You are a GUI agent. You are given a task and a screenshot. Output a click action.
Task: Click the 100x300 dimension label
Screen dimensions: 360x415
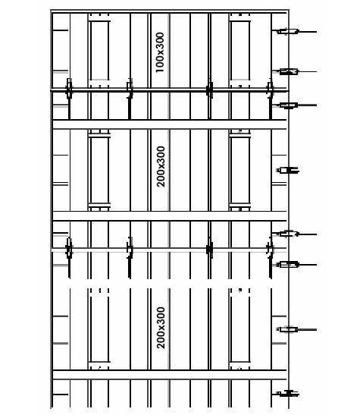[x=160, y=52]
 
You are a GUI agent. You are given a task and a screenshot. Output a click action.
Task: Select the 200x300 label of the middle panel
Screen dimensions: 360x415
[x=161, y=166]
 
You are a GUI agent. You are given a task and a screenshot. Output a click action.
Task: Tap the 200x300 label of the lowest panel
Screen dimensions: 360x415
[x=161, y=328]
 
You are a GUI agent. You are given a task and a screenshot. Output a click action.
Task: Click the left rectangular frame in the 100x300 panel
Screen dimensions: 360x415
[x=91, y=50]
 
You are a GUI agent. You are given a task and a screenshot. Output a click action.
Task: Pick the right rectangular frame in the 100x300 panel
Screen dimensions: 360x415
[x=231, y=50]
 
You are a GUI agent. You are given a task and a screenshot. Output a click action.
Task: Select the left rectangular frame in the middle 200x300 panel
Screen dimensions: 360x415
[x=91, y=171]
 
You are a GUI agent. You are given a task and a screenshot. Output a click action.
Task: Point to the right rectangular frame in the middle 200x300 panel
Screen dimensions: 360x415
[x=231, y=171]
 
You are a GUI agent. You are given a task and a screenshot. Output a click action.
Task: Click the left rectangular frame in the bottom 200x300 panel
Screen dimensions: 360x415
[x=91, y=329]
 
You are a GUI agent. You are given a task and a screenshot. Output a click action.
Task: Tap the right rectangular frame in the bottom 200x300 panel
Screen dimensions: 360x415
[x=231, y=329]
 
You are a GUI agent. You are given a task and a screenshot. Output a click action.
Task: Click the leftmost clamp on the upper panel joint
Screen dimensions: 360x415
[x=69, y=91]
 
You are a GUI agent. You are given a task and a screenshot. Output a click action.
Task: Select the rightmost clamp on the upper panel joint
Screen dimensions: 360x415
[x=270, y=91]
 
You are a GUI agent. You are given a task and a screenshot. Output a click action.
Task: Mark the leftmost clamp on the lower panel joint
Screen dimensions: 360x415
[x=69, y=250]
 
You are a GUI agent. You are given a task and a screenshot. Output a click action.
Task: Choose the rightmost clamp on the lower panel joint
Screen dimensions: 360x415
[x=270, y=250]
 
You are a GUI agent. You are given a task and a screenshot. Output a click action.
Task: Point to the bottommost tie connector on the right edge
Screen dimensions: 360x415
[x=287, y=394]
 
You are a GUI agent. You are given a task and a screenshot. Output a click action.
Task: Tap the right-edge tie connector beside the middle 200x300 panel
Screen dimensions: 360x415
[x=287, y=171]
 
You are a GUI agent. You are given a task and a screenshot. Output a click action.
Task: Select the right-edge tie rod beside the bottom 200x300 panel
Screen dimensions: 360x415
[x=296, y=329]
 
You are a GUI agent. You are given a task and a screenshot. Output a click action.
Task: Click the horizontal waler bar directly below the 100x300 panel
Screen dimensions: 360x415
[x=170, y=124]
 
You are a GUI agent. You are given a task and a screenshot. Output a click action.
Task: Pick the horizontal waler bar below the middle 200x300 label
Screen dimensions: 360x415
[x=170, y=216]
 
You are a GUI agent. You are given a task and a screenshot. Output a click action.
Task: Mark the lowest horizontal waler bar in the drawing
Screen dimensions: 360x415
[x=170, y=375]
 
